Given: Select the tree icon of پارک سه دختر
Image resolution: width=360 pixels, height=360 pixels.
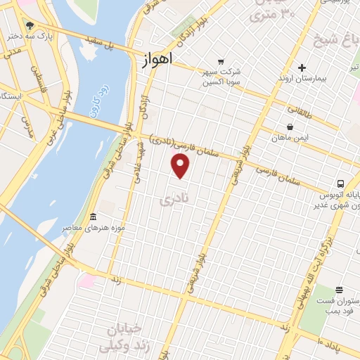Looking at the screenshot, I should coord(30,26).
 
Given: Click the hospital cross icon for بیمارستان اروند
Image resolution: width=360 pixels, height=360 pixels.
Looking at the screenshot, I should coord(302,68).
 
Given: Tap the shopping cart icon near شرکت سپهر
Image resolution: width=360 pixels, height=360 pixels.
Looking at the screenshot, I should coord(221,61).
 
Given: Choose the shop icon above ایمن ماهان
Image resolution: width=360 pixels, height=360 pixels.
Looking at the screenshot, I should coord(290,127).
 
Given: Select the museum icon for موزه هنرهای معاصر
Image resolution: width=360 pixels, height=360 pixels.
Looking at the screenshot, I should coord(94,216).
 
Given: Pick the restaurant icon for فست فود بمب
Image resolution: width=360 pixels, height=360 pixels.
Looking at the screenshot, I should coord(339,289).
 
